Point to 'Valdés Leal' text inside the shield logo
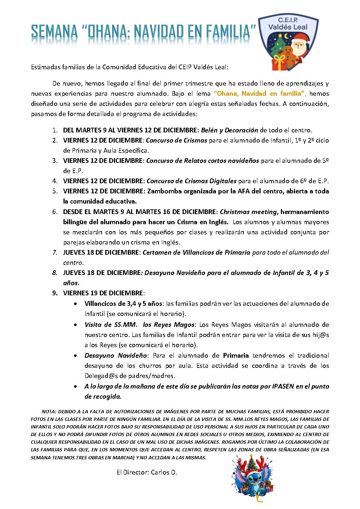[287, 27]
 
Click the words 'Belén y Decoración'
[229, 130]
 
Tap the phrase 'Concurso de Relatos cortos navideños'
[202, 161]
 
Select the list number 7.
[55, 253]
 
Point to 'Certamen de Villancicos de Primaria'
[196, 253]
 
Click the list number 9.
[55, 293]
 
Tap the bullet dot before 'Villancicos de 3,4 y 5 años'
[75, 304]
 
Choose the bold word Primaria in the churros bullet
[236, 356]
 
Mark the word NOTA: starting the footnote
[48, 412]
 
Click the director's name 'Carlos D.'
[164, 472]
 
